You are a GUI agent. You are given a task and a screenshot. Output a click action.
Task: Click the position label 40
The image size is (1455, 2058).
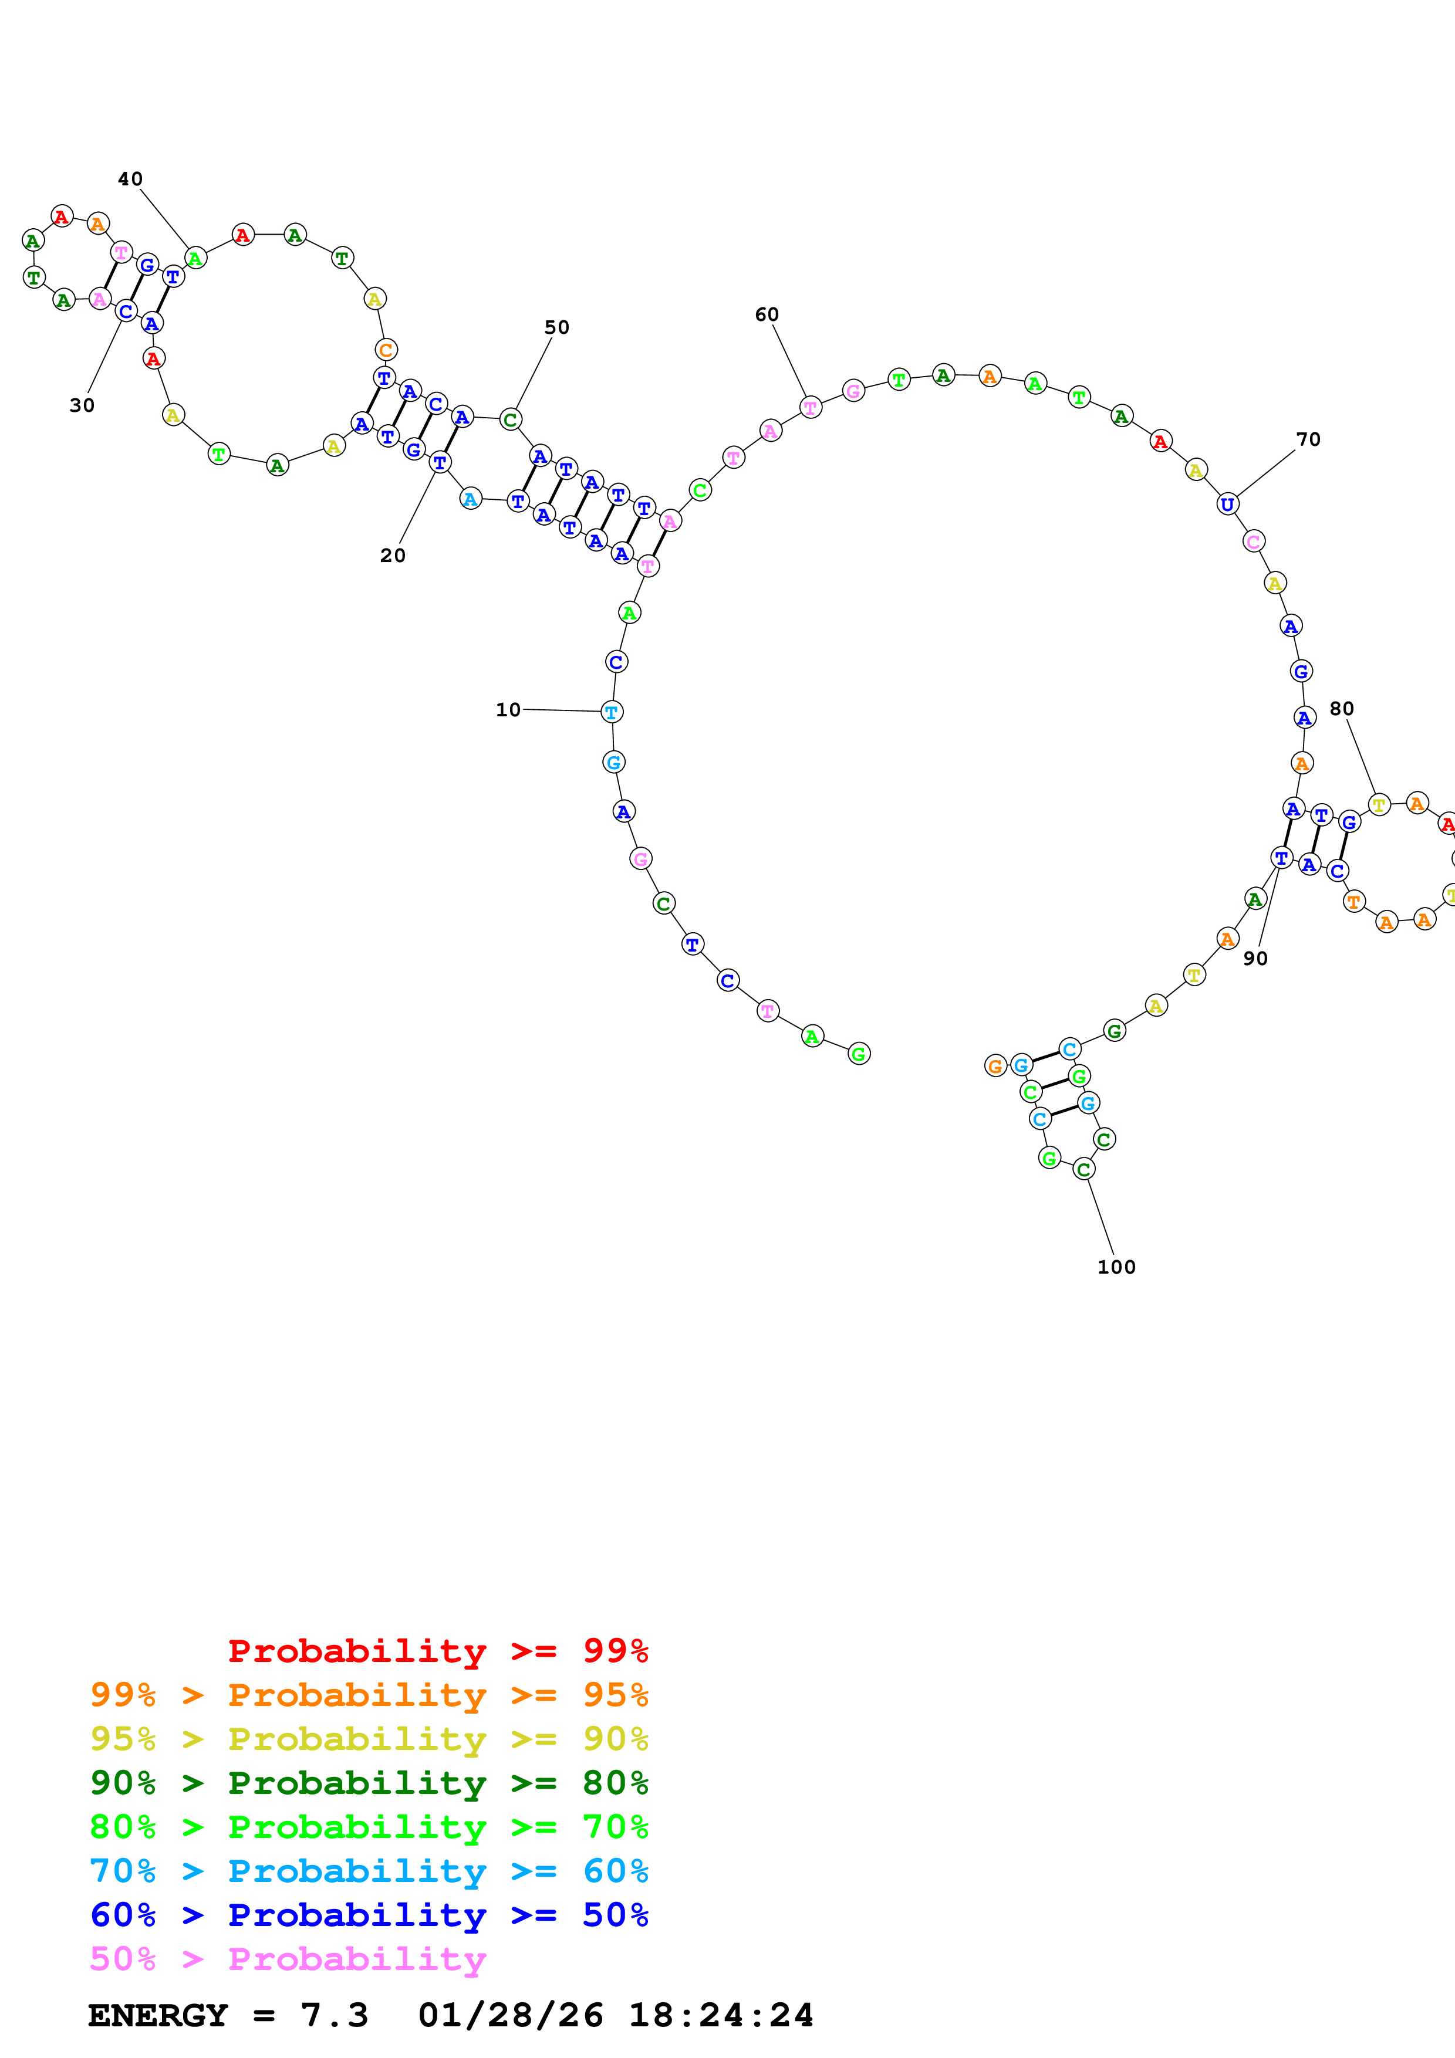[x=130, y=180]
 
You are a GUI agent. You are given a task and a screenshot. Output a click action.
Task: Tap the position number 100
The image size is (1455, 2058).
[x=1116, y=1267]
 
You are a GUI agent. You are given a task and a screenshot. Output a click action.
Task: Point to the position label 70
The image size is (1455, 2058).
[x=1308, y=439]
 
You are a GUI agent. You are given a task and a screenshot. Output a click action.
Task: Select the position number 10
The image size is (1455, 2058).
[x=508, y=710]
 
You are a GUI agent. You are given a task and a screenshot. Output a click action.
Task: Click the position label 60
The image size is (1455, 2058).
[x=767, y=314]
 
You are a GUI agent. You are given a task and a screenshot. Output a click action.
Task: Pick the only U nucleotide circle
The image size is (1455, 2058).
[x=1227, y=504]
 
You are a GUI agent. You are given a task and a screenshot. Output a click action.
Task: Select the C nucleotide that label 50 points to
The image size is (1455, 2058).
[x=510, y=419]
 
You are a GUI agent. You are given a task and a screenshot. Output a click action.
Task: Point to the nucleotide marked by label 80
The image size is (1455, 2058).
[x=1379, y=805]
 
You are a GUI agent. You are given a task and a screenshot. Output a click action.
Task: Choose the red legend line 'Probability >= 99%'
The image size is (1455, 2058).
[x=437, y=1650]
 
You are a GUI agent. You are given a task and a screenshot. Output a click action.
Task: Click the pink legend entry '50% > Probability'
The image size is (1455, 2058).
[x=288, y=1958]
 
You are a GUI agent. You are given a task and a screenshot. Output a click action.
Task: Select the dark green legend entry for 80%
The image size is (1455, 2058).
[x=369, y=1783]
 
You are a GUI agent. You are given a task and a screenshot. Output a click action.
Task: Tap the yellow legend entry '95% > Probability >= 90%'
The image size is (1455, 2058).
[x=369, y=1739]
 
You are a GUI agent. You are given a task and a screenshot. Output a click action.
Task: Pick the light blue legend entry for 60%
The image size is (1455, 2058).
[x=369, y=1871]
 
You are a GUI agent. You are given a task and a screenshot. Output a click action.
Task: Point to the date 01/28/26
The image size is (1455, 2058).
[x=510, y=2015]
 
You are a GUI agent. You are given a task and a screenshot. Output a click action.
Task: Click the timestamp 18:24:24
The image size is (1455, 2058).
[x=720, y=2015]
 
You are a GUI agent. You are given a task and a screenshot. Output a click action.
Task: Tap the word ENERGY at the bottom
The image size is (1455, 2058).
[x=158, y=2015]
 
